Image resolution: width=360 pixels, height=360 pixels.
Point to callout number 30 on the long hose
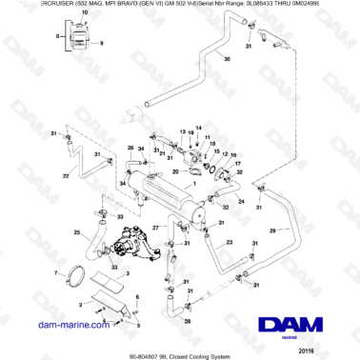[x=226, y=59]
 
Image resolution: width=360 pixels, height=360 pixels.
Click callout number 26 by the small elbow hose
[x=130, y=148]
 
